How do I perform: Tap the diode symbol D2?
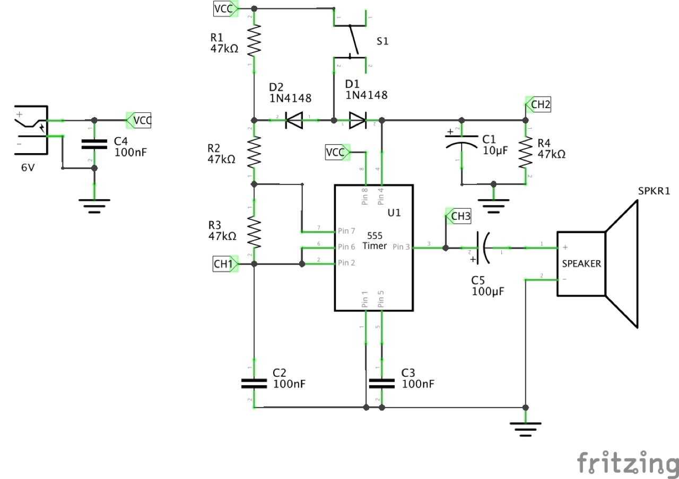click(294, 121)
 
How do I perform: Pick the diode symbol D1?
click(358, 121)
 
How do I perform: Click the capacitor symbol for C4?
click(94, 144)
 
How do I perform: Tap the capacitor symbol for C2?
click(254, 383)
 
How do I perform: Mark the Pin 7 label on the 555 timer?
click(346, 231)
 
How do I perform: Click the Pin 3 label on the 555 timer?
click(402, 247)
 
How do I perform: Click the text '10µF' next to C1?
click(495, 150)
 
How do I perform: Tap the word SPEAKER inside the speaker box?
click(581, 263)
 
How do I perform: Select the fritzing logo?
click(627, 463)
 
